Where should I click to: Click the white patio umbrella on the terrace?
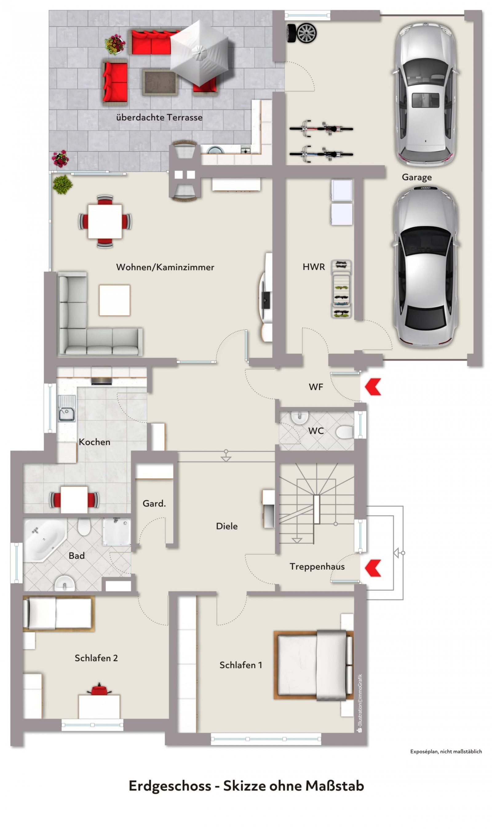tap(199, 52)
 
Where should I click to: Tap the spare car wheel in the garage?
tap(302, 33)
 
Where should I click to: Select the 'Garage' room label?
tap(417, 177)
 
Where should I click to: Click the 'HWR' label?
tap(314, 267)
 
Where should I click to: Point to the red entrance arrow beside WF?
tap(373, 387)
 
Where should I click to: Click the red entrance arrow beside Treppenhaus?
tap(373, 568)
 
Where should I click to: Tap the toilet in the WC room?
tap(344, 432)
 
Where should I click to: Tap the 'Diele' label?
tap(227, 526)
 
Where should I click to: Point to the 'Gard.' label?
tap(154, 503)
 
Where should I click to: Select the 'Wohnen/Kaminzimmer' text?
tap(165, 267)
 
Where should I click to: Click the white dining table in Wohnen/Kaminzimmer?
tap(105, 221)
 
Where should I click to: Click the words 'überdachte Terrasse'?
tap(159, 118)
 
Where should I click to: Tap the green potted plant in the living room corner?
tap(62, 184)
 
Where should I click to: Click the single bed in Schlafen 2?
tap(59, 614)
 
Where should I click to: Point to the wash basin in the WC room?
tap(300, 417)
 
